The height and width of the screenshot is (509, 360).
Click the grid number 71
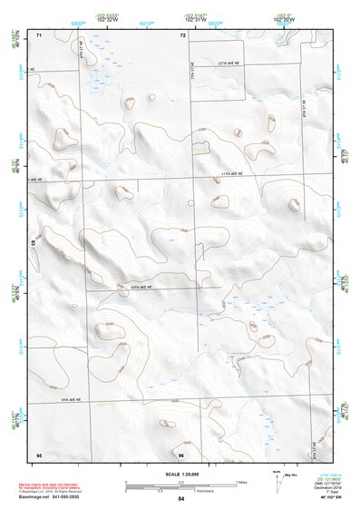39,35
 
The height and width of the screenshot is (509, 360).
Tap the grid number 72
182,35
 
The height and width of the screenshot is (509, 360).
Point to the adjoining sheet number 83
34,243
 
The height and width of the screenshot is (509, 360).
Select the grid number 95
39,454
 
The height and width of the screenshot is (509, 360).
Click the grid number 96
181,455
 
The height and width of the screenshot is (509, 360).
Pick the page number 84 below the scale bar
181,499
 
